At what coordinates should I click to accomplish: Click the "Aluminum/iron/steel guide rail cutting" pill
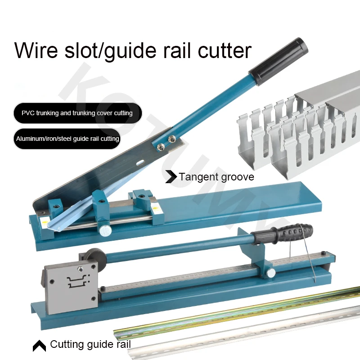(x=67, y=139)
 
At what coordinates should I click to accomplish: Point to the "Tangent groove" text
(x=216, y=176)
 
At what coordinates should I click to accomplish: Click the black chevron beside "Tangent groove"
(x=171, y=177)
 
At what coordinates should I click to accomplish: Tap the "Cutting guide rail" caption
(x=90, y=345)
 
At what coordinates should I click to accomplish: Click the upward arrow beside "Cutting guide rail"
(x=39, y=346)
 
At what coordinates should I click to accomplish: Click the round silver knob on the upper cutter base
(x=106, y=230)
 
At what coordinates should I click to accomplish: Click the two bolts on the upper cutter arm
(x=165, y=142)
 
